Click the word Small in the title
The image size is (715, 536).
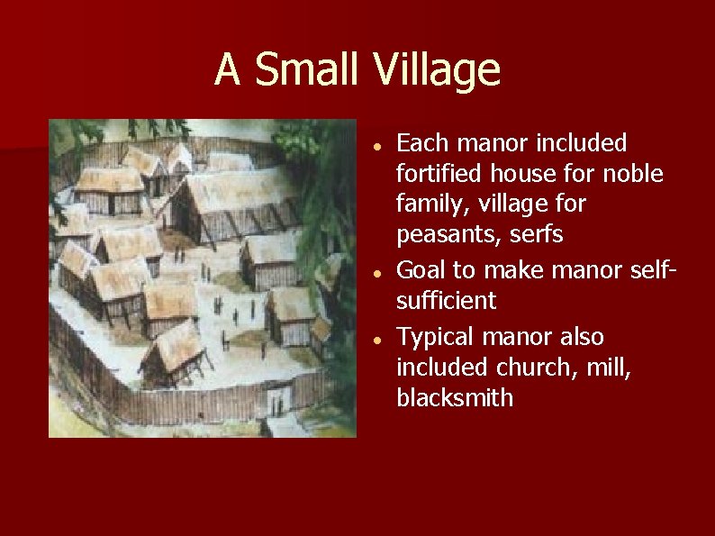click(307, 69)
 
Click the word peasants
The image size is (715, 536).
click(447, 234)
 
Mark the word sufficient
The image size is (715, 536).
click(447, 300)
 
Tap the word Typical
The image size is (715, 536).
click(435, 337)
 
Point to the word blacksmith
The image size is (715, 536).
click(455, 398)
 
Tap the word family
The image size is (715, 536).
click(428, 204)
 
